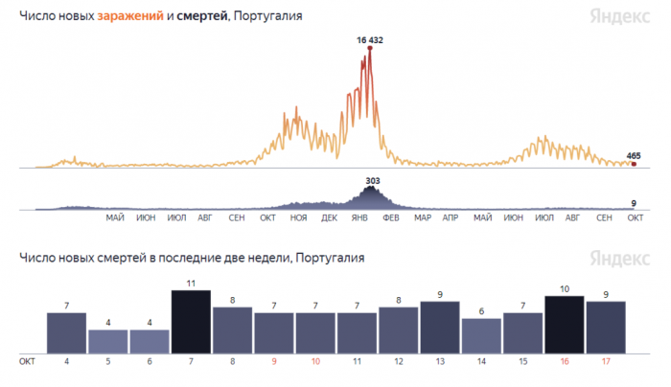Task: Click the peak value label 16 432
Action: coord(369,40)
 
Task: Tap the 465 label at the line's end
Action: coord(634,155)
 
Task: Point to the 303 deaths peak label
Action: coord(373,179)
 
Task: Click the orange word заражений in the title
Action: coord(130,17)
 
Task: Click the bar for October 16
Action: coord(564,325)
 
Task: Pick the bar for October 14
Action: coord(481,335)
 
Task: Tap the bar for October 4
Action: coord(66,332)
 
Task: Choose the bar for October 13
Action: coord(440,327)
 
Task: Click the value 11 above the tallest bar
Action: coord(191,285)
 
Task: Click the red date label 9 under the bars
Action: coord(273,362)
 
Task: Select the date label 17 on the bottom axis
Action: coord(605,362)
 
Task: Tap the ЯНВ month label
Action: coord(360,218)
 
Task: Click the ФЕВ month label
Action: coord(390,218)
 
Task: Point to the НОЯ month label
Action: coord(298,218)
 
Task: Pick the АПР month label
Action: coord(451,218)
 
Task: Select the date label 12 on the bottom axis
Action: coord(398,362)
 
